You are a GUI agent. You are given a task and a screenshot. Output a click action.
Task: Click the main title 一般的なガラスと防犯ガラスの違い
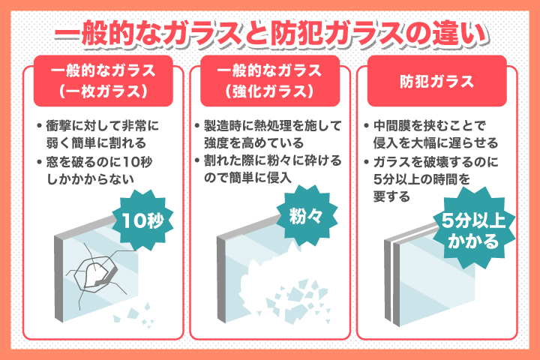coord(271,34)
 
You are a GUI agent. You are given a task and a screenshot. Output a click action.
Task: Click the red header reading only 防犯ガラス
coord(437,81)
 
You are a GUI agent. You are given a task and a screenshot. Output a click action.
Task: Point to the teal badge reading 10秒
coord(142,220)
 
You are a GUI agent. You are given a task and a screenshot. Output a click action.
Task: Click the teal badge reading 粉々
coord(307,216)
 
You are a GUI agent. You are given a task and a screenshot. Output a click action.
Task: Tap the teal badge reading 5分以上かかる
coord(474,228)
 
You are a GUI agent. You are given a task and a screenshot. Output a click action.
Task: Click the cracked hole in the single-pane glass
coord(97,274)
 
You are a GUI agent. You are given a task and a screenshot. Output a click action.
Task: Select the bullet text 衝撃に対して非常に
coord(102,126)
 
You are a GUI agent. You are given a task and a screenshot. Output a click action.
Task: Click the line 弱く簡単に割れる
coord(97,143)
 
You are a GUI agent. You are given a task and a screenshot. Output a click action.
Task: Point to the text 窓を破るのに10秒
coord(99,162)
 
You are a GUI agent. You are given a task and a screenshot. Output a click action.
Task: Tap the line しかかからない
coord(90,179)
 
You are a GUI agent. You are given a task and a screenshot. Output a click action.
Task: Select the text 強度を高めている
coord(253,143)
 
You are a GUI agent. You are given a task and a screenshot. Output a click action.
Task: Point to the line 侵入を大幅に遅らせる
coord(436,143)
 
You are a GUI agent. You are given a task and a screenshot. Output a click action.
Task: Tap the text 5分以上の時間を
coord(421,179)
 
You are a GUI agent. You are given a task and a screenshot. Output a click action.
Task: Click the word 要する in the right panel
coord(391,196)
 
